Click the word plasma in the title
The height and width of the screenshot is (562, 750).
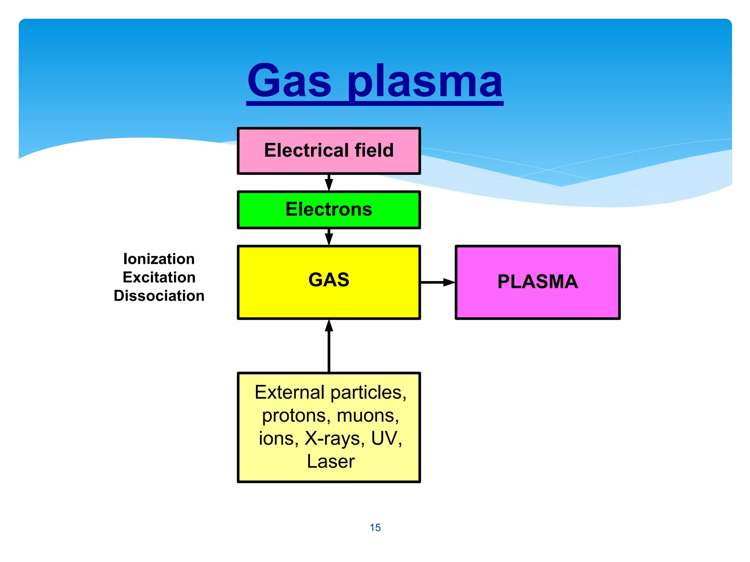pos(425,82)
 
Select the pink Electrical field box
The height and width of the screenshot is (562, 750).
pos(328,151)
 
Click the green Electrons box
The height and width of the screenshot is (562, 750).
pos(328,210)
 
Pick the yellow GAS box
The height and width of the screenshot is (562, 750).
pos(328,282)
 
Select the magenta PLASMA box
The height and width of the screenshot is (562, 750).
pos(537,282)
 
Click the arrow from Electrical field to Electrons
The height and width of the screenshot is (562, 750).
pos(329,183)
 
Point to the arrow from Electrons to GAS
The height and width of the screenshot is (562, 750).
pos(329,237)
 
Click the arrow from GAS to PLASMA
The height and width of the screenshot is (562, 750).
pos(437,282)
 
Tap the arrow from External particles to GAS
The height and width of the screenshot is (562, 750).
pos(329,346)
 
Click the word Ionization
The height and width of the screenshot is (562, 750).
pos(159,259)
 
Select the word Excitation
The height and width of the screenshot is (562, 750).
pos(159,277)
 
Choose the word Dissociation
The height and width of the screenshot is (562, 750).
pos(159,296)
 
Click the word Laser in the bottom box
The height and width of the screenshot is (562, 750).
pos(331,461)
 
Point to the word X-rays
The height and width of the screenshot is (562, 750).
pos(334,438)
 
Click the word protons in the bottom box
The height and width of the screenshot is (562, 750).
pos(294,416)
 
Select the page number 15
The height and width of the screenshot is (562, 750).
pos(375,528)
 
